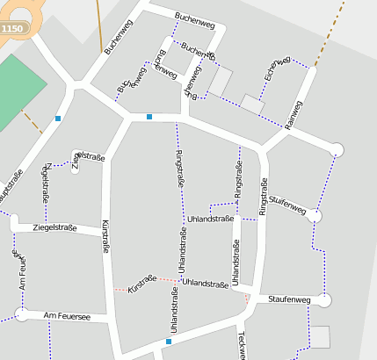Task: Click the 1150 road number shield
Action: click(x=12, y=29)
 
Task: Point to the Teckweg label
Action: click(x=242, y=345)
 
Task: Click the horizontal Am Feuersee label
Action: click(x=66, y=315)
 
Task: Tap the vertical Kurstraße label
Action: click(x=106, y=237)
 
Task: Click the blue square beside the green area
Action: click(x=58, y=118)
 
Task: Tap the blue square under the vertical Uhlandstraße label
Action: click(x=169, y=342)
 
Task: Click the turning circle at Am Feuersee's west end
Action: click(x=20, y=314)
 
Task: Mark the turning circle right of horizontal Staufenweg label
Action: click(x=325, y=301)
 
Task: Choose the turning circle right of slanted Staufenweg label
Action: click(x=315, y=216)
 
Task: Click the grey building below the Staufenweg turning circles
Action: click(x=321, y=336)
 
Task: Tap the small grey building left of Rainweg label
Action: click(x=252, y=105)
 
